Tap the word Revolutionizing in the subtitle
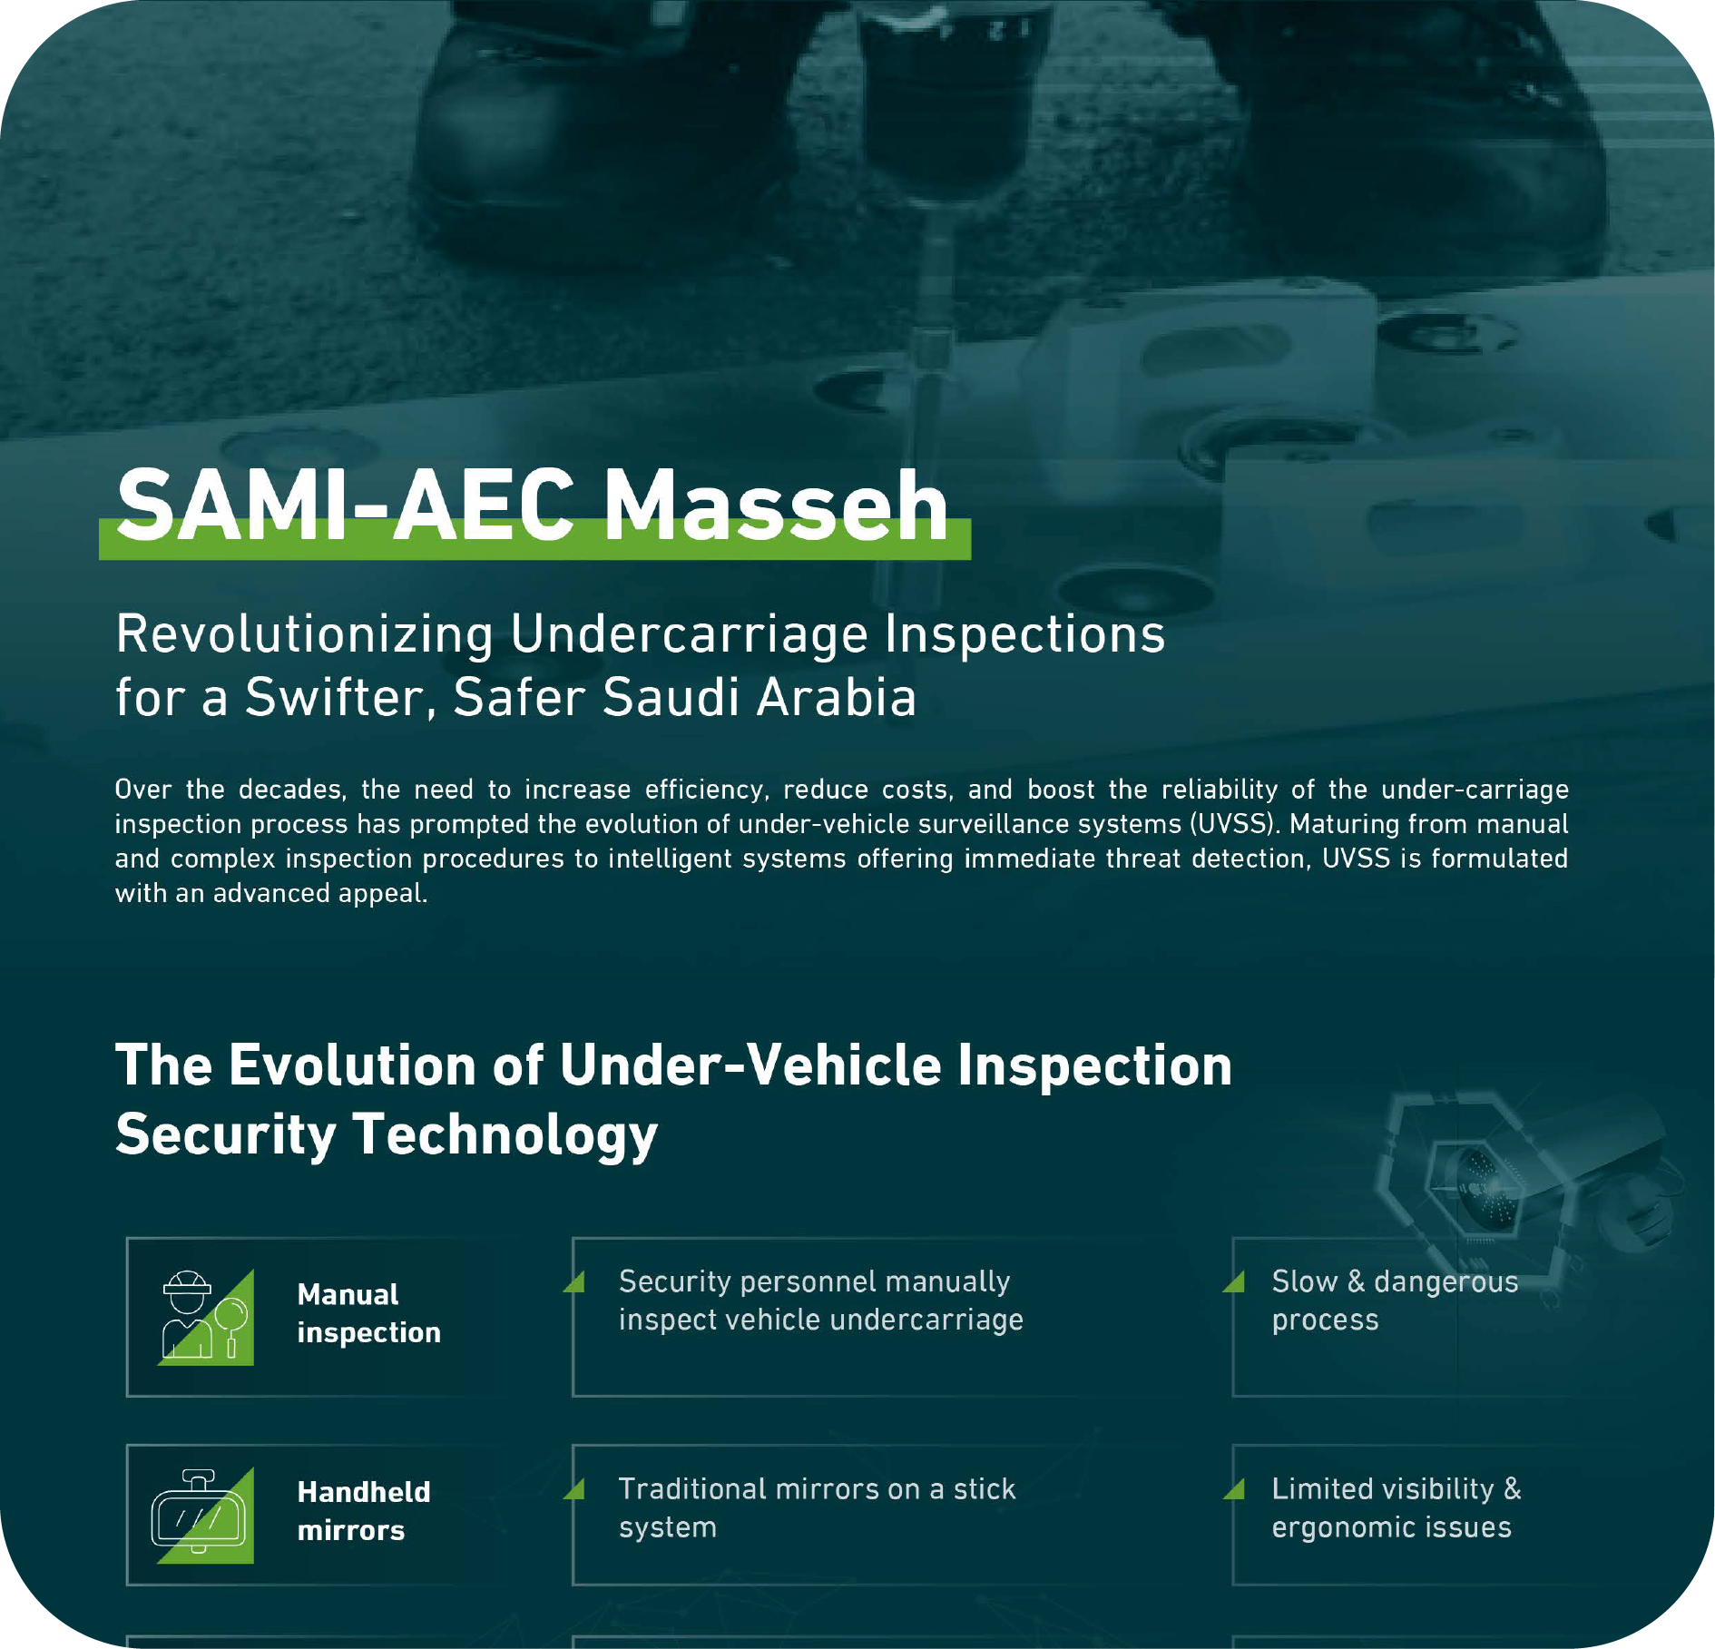click(x=305, y=634)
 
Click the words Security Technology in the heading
click(x=387, y=1134)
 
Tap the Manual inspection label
click(x=369, y=1313)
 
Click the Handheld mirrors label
click(x=364, y=1511)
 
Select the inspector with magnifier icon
click(x=205, y=1317)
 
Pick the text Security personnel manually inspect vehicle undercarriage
click(x=821, y=1301)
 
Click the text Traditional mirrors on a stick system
click(x=818, y=1507)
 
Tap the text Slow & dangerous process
click(x=1395, y=1301)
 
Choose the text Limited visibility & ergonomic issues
click(x=1396, y=1507)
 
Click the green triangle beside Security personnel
click(x=575, y=1281)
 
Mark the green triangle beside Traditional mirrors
click(x=575, y=1489)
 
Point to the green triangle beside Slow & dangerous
click(x=1235, y=1281)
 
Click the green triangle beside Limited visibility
click(x=1235, y=1489)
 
